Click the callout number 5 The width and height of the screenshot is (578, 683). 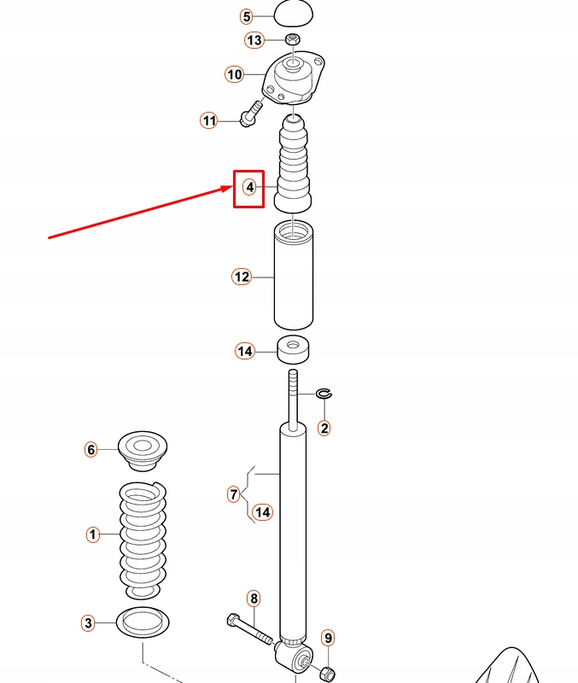pos(246,16)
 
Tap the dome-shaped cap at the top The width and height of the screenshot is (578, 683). pos(294,13)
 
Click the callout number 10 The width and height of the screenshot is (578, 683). pos(235,74)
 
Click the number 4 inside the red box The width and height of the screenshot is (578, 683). pos(249,186)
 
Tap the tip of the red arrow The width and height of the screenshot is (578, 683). pos(232,186)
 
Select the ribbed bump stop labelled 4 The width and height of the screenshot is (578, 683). pos(294,166)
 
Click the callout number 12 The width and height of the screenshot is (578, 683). pos(242,277)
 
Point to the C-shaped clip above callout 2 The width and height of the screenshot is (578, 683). pos(324,393)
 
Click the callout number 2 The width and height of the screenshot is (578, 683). pos(324,428)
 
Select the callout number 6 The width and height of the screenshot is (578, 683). pos(90,449)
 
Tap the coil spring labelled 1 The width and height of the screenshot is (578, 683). pos(143,538)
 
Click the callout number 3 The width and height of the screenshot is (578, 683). pos(88,623)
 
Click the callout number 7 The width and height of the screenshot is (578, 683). pos(233,493)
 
